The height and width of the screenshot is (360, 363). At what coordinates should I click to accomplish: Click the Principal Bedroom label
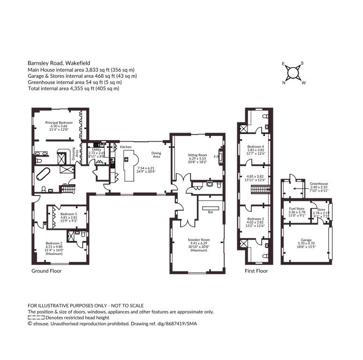59,123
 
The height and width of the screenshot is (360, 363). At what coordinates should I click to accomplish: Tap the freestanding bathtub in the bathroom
43,174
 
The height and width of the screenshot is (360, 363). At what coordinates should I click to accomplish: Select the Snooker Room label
199,240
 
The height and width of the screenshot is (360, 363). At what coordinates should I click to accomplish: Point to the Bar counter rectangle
211,208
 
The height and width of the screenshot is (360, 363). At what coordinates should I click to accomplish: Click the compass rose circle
293,73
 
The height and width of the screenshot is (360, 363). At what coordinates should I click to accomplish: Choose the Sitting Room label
197,155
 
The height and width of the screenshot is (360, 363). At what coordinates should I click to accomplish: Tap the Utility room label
97,150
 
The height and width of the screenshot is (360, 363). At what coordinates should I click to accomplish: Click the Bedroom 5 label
69,214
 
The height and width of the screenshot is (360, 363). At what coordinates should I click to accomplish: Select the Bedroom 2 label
54,243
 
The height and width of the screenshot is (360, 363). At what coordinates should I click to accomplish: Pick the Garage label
306,240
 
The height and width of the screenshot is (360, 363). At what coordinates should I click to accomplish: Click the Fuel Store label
297,209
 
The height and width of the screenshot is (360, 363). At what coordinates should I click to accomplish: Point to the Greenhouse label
319,184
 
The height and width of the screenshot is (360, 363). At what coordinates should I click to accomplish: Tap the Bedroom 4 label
256,146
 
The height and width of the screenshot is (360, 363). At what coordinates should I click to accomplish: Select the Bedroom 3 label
256,219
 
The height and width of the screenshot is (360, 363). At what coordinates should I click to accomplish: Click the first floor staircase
261,189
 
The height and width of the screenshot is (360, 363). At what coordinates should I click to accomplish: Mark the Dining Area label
156,155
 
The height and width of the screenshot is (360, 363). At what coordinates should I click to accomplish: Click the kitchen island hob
127,159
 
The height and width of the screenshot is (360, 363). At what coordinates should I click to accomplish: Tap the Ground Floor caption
46,271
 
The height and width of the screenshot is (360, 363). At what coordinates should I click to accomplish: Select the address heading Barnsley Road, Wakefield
59,63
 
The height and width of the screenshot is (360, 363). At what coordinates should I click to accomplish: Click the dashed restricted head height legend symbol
36,317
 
